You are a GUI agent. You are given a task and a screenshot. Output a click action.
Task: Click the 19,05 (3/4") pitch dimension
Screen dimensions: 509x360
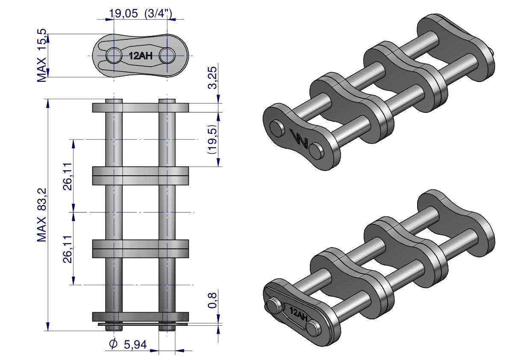tap(140, 13)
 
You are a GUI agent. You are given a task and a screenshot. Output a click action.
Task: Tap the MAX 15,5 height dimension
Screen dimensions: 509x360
tap(42, 56)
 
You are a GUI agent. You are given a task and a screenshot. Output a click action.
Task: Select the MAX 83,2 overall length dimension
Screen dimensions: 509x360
tap(42, 215)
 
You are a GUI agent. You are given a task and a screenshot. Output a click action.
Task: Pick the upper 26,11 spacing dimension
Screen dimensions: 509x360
tap(68, 177)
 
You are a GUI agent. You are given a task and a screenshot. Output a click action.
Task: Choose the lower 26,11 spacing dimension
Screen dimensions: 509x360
tap(68, 249)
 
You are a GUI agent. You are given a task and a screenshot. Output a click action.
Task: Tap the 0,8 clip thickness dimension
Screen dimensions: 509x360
tap(212, 300)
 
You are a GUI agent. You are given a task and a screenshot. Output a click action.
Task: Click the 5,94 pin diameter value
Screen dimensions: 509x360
tap(135, 345)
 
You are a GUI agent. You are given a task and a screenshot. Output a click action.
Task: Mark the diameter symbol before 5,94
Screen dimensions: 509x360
tap(113, 344)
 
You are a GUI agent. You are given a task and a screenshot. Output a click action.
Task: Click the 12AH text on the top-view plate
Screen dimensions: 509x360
tap(141, 56)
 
